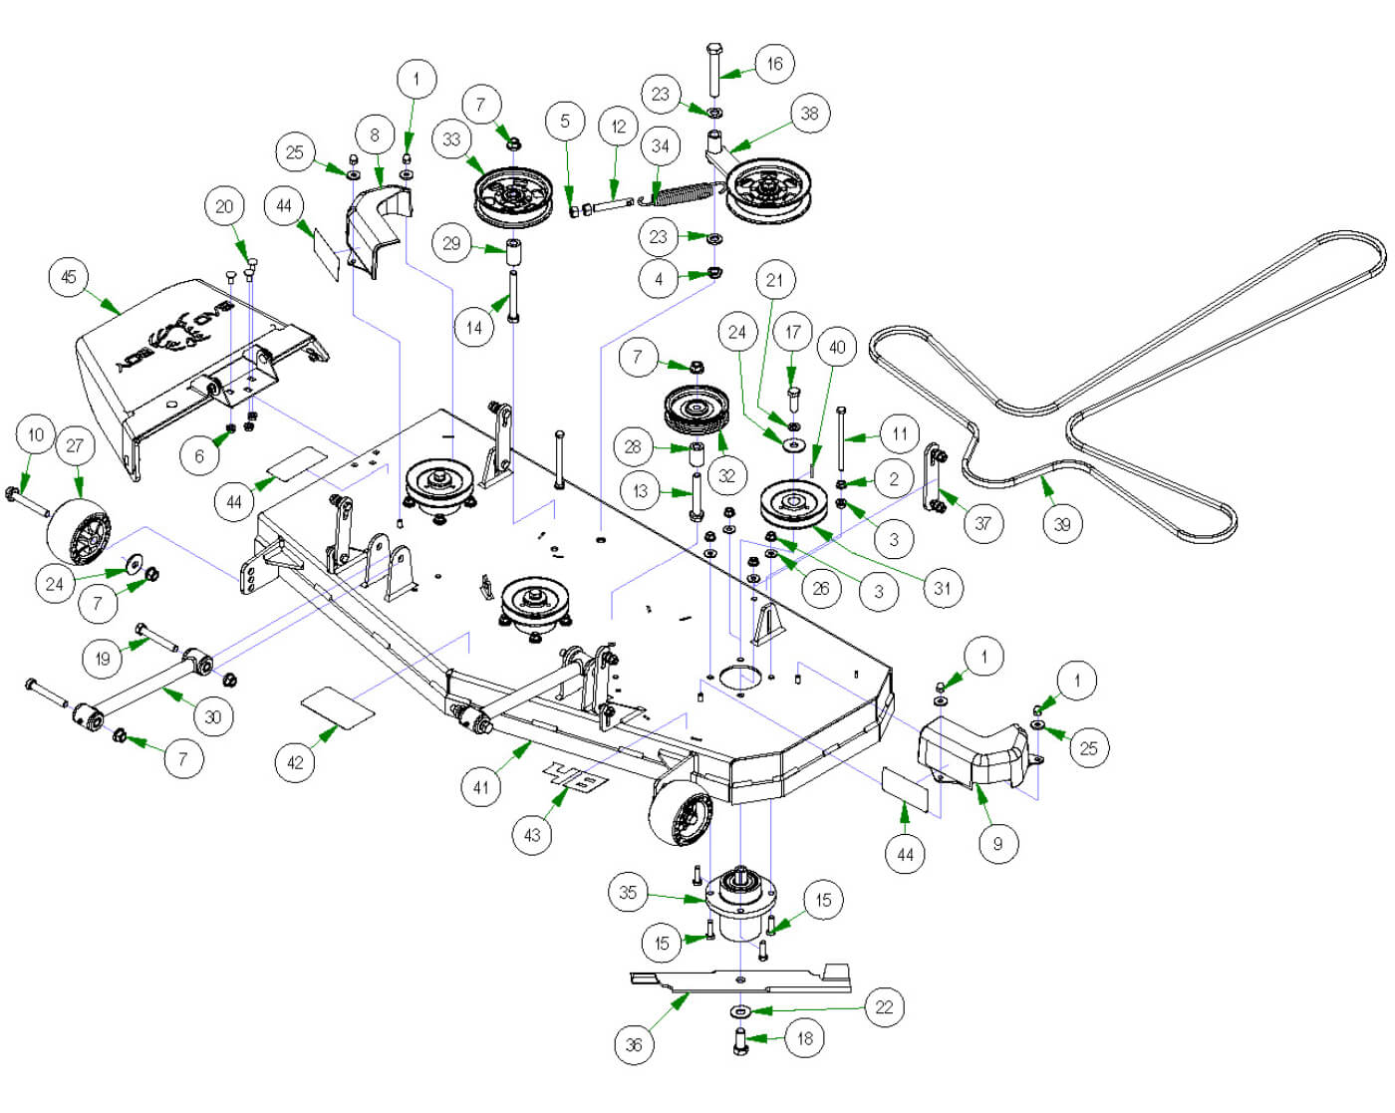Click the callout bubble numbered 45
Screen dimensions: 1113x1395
69,277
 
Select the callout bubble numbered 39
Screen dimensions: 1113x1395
1062,524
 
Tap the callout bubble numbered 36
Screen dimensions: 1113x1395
634,1044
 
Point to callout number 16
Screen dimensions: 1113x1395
774,64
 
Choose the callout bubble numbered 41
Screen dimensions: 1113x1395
481,787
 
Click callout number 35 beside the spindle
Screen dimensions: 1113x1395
628,893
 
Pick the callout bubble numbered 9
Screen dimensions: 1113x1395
997,845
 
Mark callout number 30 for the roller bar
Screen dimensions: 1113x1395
212,716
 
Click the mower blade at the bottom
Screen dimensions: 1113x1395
742,980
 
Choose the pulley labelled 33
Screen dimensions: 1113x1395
513,196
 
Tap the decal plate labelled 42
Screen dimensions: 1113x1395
338,706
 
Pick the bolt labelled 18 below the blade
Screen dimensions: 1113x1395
739,1042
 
